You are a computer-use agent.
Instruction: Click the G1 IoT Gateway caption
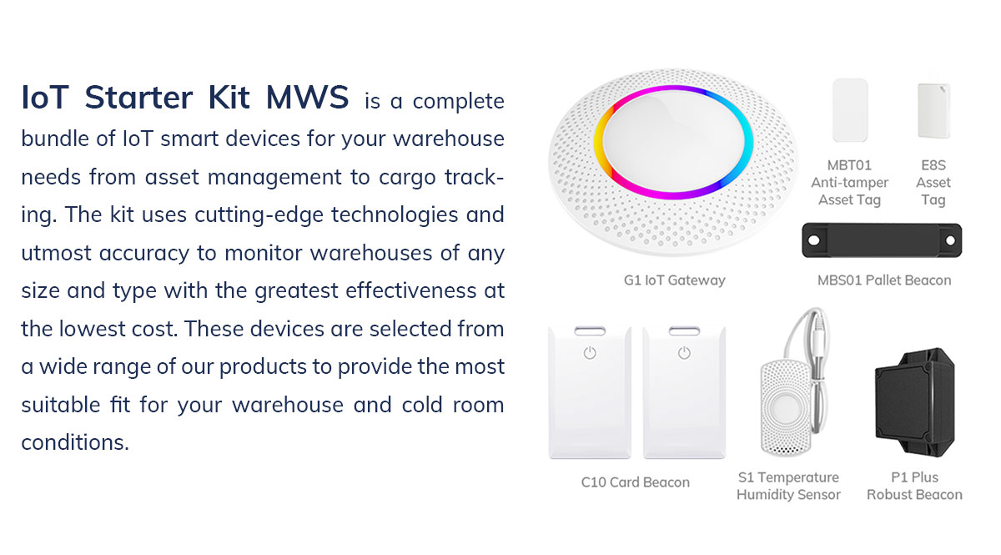coord(674,280)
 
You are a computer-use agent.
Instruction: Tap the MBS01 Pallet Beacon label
coord(883,280)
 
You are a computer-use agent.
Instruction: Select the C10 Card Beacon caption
coord(635,482)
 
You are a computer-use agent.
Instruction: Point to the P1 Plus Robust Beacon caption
coord(914,486)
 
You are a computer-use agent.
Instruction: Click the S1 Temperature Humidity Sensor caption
coord(788,486)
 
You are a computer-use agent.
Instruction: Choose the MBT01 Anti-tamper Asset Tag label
coord(849,182)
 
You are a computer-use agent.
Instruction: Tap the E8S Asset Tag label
coord(933,182)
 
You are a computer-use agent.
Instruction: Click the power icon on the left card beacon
coord(590,353)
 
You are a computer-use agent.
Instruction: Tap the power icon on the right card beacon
coord(684,353)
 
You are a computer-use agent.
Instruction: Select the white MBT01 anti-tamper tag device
coord(850,110)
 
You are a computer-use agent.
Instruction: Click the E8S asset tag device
coord(933,110)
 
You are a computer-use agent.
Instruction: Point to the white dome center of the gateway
coord(673,142)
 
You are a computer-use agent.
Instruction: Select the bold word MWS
coord(307,98)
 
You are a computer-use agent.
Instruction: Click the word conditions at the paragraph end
coord(75,442)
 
